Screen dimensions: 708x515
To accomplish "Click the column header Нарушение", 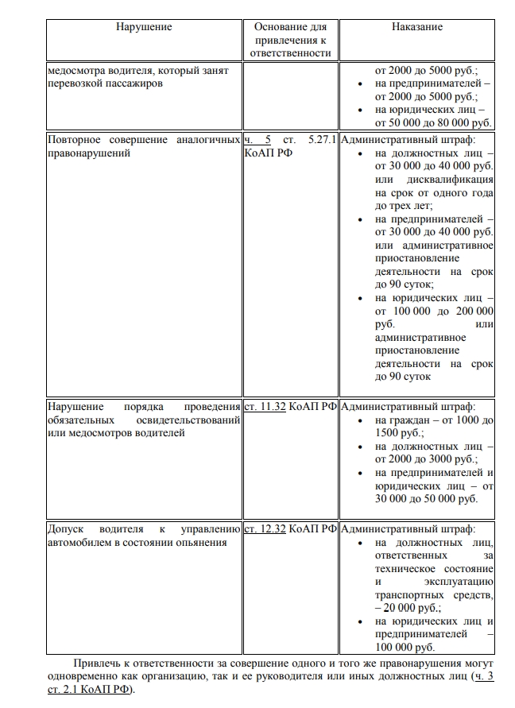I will point(143,26).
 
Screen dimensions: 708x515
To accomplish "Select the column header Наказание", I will point(416,26).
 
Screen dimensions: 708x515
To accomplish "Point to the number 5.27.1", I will point(321,140).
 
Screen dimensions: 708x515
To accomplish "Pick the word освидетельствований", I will point(188,420).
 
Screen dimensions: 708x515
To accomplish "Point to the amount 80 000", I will point(455,122).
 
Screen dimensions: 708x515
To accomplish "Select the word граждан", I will point(412,420).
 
